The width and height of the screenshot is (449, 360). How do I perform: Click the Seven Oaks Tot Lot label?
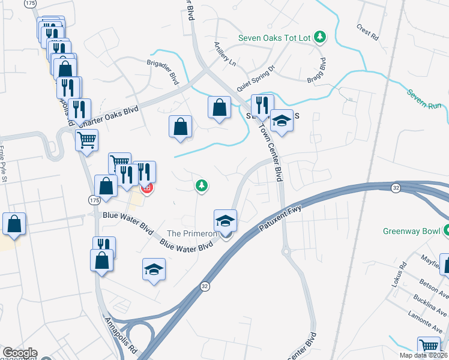click(x=274, y=37)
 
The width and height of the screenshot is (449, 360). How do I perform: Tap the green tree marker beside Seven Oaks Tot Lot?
click(x=321, y=37)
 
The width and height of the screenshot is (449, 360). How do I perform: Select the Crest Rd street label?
click(x=367, y=32)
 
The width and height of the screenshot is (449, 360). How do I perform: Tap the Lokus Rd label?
click(x=399, y=274)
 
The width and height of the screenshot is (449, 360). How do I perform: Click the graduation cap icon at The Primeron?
click(x=226, y=221)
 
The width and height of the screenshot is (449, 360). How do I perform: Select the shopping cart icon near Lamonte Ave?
click(x=429, y=347)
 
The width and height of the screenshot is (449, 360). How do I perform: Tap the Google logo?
click(x=20, y=353)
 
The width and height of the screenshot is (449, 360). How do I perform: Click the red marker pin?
click(x=146, y=188)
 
